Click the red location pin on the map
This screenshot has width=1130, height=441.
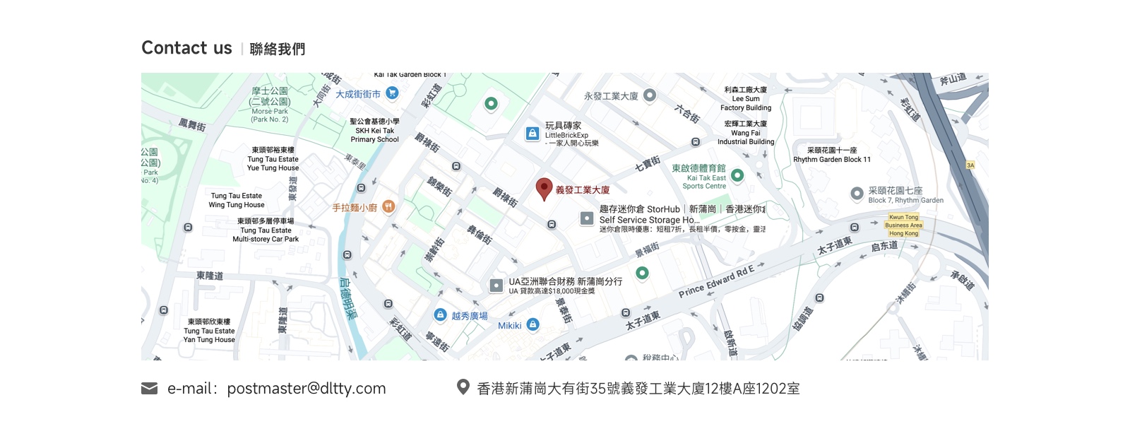pyautogui.click(x=544, y=188)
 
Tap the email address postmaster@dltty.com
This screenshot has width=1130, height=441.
pyautogui.click(x=306, y=389)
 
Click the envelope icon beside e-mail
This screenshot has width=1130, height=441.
pyautogui.click(x=149, y=389)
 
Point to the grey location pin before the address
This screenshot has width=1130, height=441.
pyautogui.click(x=463, y=387)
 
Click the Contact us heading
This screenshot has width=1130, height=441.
pyautogui.click(x=186, y=48)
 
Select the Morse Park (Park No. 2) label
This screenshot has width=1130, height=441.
pyautogui.click(x=270, y=105)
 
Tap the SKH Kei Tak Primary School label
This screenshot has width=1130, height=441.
pyautogui.click(x=374, y=131)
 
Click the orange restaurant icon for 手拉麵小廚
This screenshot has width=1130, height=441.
pyautogui.click(x=388, y=207)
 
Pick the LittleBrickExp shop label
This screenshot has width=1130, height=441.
pyautogui.click(x=566, y=134)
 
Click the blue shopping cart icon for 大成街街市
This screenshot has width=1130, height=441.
pyautogui.click(x=393, y=93)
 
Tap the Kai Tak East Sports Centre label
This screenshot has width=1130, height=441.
pyautogui.click(x=698, y=177)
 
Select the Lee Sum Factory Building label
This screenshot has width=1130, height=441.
pyautogui.click(x=746, y=99)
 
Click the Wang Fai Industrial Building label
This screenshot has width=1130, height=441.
pyautogui.click(x=746, y=133)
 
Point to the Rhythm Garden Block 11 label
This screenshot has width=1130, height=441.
pyautogui.click(x=832, y=155)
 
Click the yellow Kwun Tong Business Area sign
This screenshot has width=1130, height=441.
pyautogui.click(x=904, y=225)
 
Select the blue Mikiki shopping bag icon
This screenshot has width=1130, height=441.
pyautogui.click(x=533, y=324)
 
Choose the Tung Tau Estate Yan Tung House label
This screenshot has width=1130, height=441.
pyautogui.click(x=209, y=331)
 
